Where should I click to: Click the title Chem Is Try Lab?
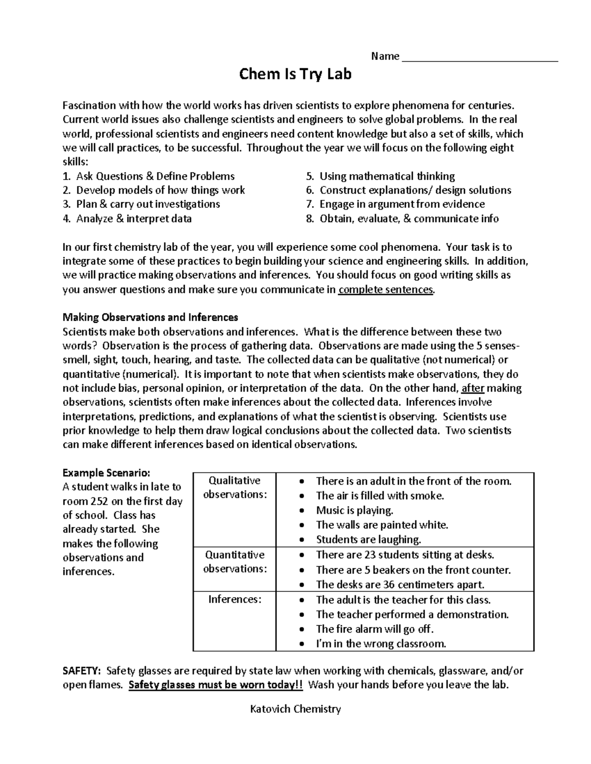[x=295, y=75]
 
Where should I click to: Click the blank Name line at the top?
[x=480, y=57]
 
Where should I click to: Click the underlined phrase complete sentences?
[x=386, y=289]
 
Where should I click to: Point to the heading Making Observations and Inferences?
[x=150, y=317]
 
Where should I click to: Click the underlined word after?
[x=473, y=388]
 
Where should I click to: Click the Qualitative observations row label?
[x=234, y=488]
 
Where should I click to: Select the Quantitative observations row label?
[x=234, y=561]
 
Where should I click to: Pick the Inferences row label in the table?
[x=234, y=599]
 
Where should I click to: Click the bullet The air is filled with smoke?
[x=380, y=496]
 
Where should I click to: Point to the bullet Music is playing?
[x=355, y=510]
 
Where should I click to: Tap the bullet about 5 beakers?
[x=413, y=570]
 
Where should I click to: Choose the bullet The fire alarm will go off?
[x=375, y=629]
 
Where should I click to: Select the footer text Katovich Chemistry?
[x=295, y=709]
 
